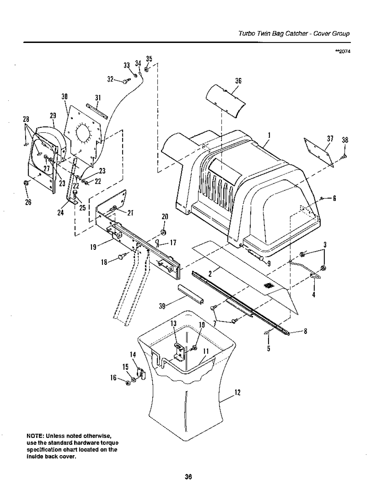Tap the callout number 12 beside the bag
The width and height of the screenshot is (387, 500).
point(237,394)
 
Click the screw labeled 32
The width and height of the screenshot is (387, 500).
point(125,82)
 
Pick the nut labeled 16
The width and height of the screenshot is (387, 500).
point(128,384)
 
